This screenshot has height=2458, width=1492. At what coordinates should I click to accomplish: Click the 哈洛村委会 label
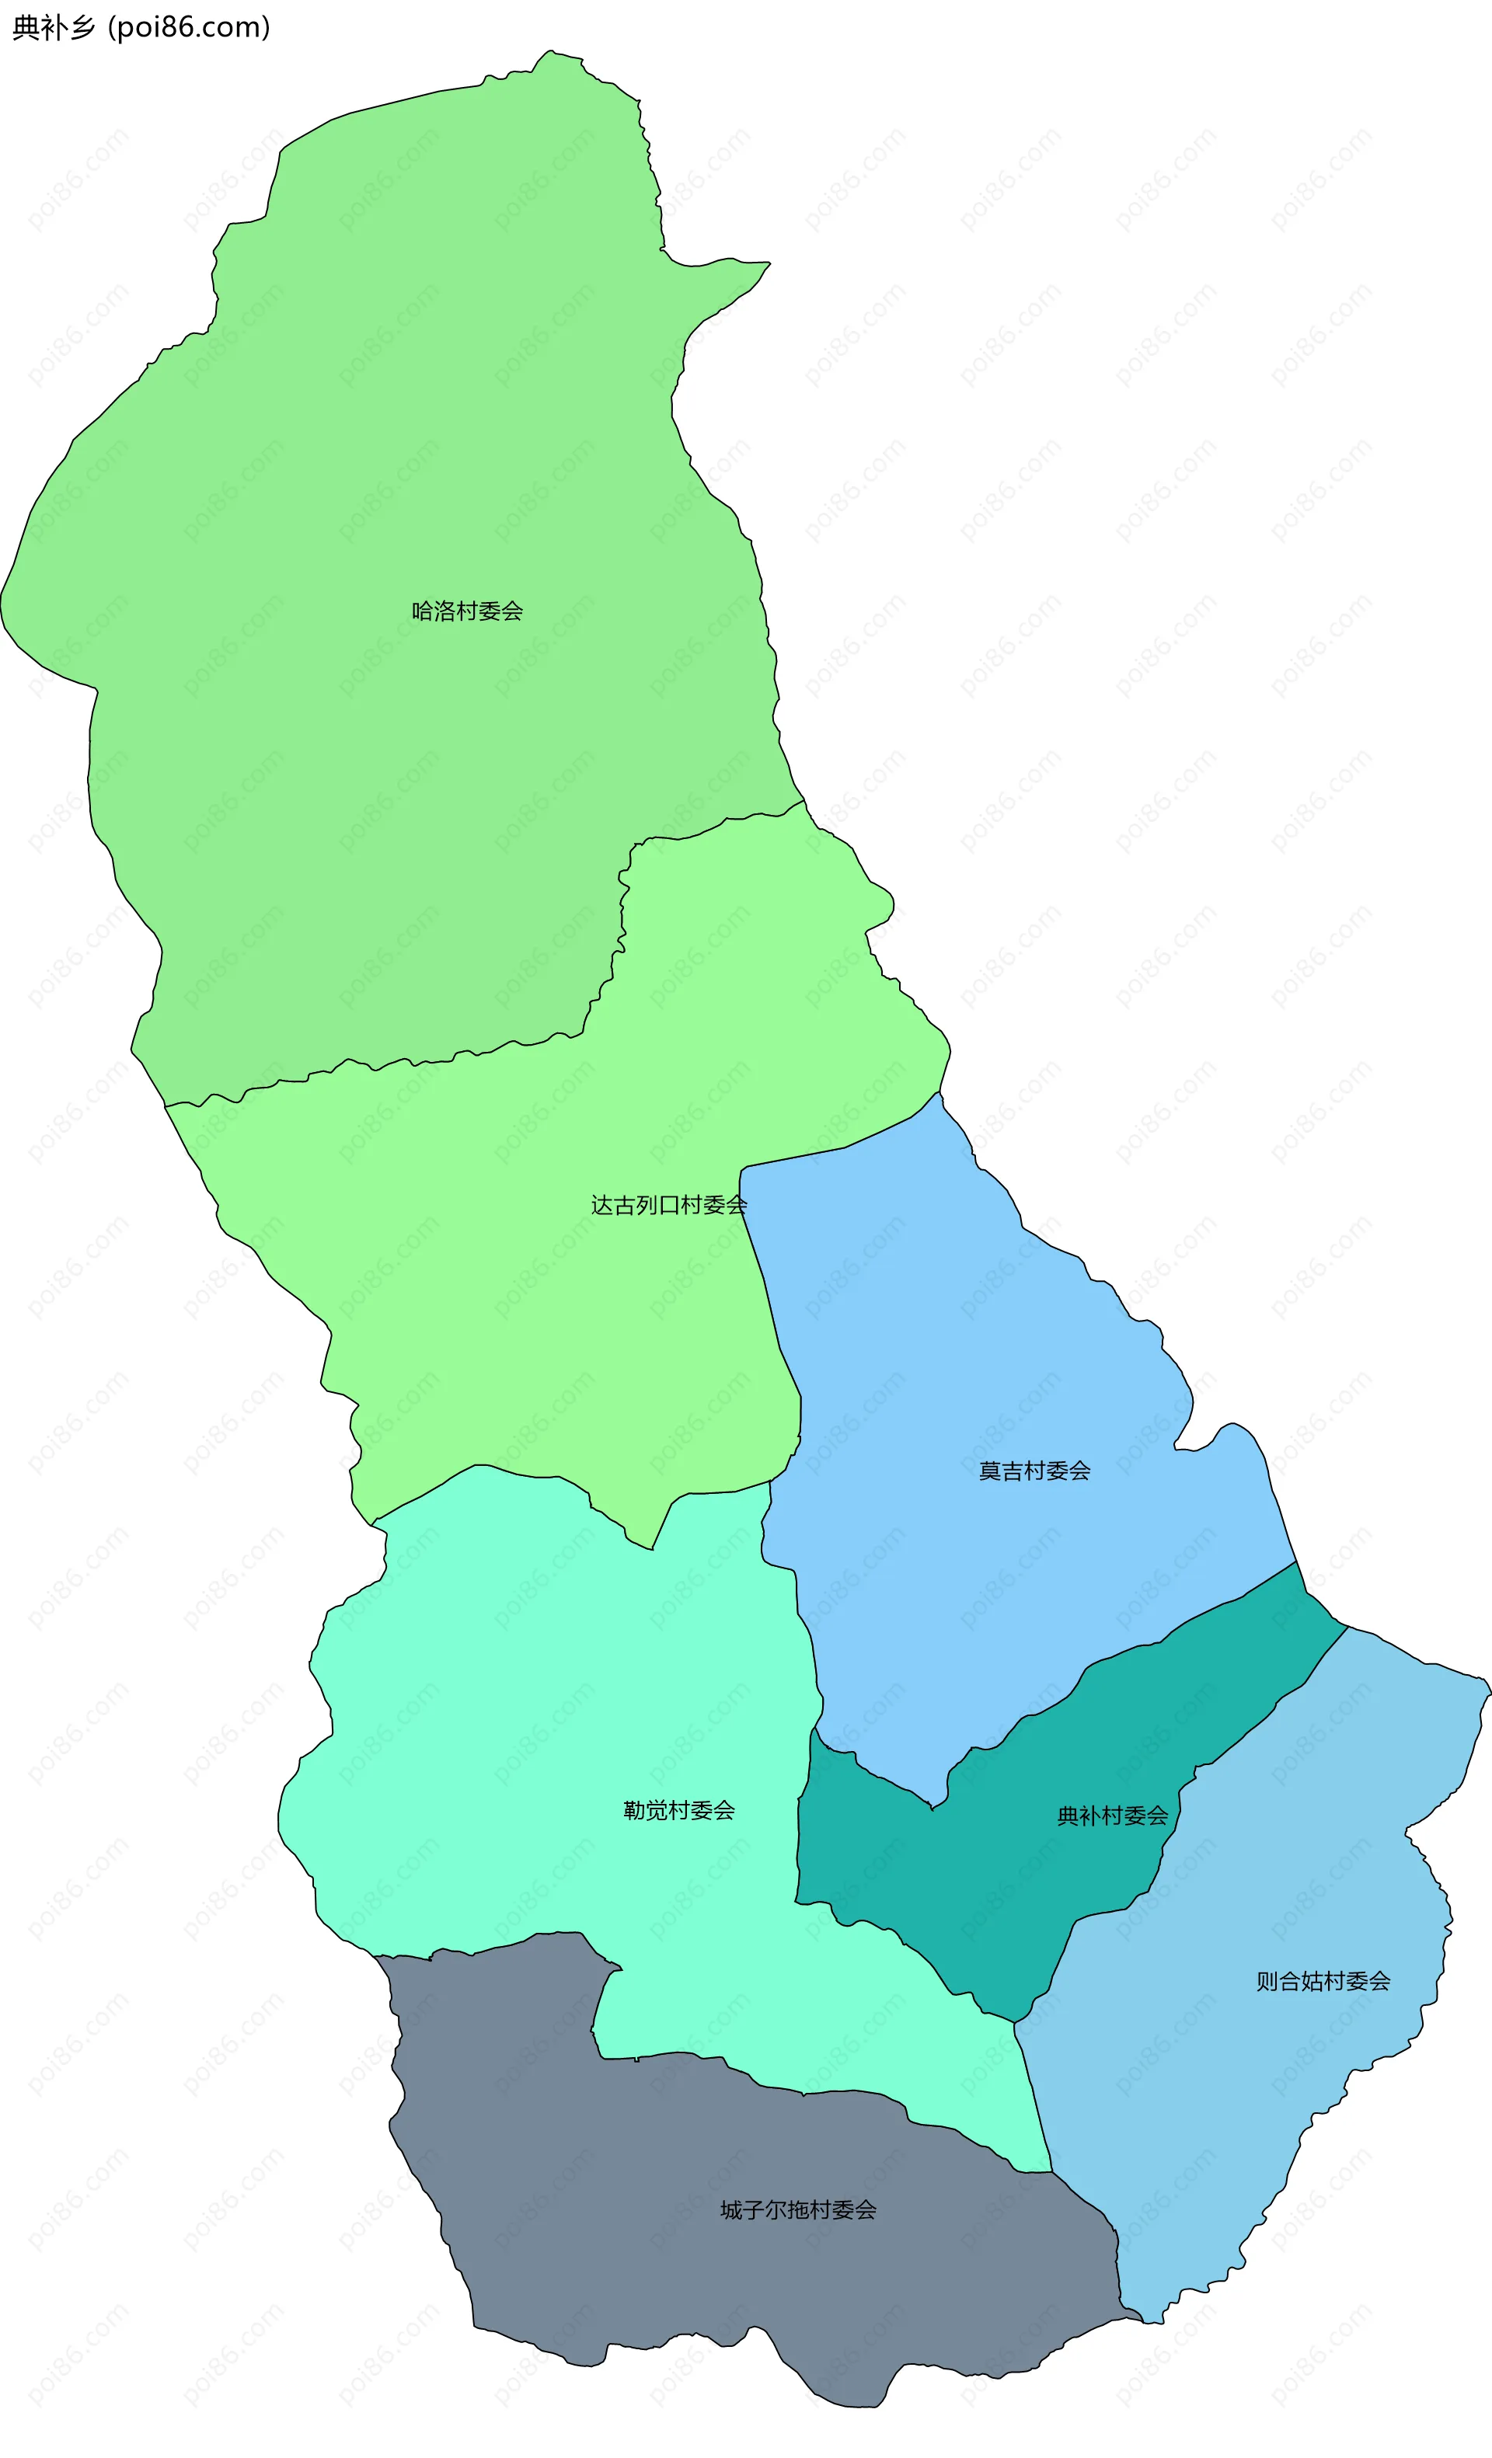pyautogui.click(x=467, y=611)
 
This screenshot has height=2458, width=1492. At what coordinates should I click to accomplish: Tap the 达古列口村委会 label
pyautogui.click(x=668, y=1205)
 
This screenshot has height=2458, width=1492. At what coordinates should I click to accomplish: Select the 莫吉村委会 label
pyautogui.click(x=1034, y=1471)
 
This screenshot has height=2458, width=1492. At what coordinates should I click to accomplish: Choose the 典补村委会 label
pyautogui.click(x=1112, y=1816)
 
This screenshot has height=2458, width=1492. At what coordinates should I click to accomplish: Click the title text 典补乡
pyautogui.click(x=53, y=28)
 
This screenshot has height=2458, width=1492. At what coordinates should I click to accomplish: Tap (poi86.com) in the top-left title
pyautogui.click(x=189, y=28)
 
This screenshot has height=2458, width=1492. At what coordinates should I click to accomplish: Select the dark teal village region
pyautogui.click(x=998, y=1896)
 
